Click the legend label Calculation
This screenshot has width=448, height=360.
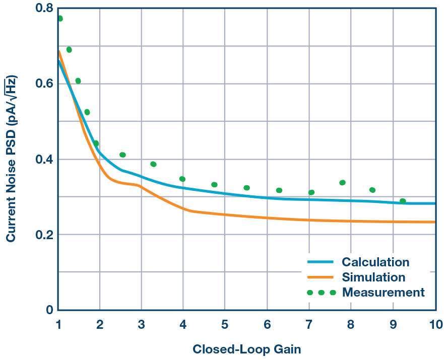[x=375, y=262]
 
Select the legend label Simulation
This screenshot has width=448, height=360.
[x=373, y=277]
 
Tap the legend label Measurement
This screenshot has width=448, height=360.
[x=383, y=293]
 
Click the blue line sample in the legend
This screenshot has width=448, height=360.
[x=321, y=262]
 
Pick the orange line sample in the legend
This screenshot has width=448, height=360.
[x=321, y=277]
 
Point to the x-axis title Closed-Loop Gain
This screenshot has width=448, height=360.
[x=246, y=349]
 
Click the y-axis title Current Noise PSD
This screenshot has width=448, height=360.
[x=11, y=159]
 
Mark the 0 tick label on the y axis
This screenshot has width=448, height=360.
[x=49, y=310]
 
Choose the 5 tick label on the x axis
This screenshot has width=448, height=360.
[x=224, y=325]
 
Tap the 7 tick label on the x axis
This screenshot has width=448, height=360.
[x=308, y=325]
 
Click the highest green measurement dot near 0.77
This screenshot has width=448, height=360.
[x=60, y=19]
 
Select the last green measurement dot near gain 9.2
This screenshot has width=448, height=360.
[x=403, y=201]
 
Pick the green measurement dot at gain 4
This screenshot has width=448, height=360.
[x=182, y=179]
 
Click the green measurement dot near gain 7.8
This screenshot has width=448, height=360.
[x=343, y=183]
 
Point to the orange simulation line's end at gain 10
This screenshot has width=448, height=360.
[x=434, y=222]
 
